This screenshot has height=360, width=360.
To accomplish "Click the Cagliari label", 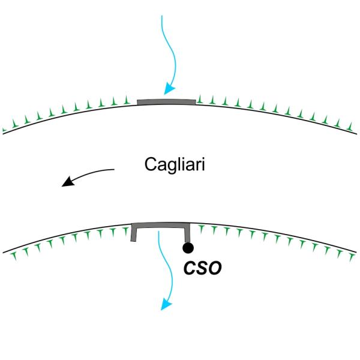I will pos(175,164).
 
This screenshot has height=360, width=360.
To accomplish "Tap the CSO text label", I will pos(202,268).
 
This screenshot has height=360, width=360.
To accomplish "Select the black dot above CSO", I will pos(188,247).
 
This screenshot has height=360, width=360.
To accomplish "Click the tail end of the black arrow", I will pos(113,170).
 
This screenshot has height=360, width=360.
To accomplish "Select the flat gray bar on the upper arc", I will pos(166,102).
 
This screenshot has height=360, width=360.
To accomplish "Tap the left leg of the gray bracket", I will pos(134,233).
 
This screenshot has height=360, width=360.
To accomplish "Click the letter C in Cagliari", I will pos(151,164).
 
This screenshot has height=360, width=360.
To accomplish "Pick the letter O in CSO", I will pos(215,268).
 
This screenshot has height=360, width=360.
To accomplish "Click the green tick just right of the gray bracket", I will pos(199,229).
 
